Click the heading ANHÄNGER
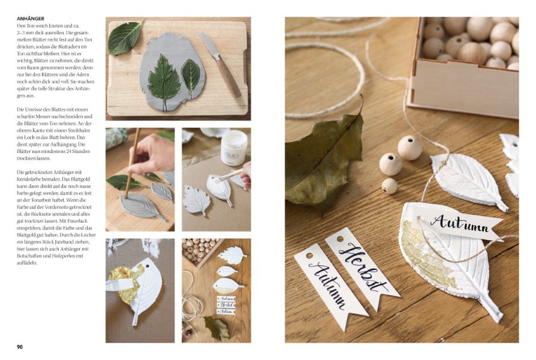click(31, 19)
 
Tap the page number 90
click(20, 347)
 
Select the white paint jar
click(234, 148)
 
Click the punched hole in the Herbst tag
click(340, 239)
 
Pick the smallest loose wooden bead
click(389, 186)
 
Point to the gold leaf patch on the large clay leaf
click(424, 253)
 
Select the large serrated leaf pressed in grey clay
click(164, 82)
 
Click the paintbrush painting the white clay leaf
click(225, 177)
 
